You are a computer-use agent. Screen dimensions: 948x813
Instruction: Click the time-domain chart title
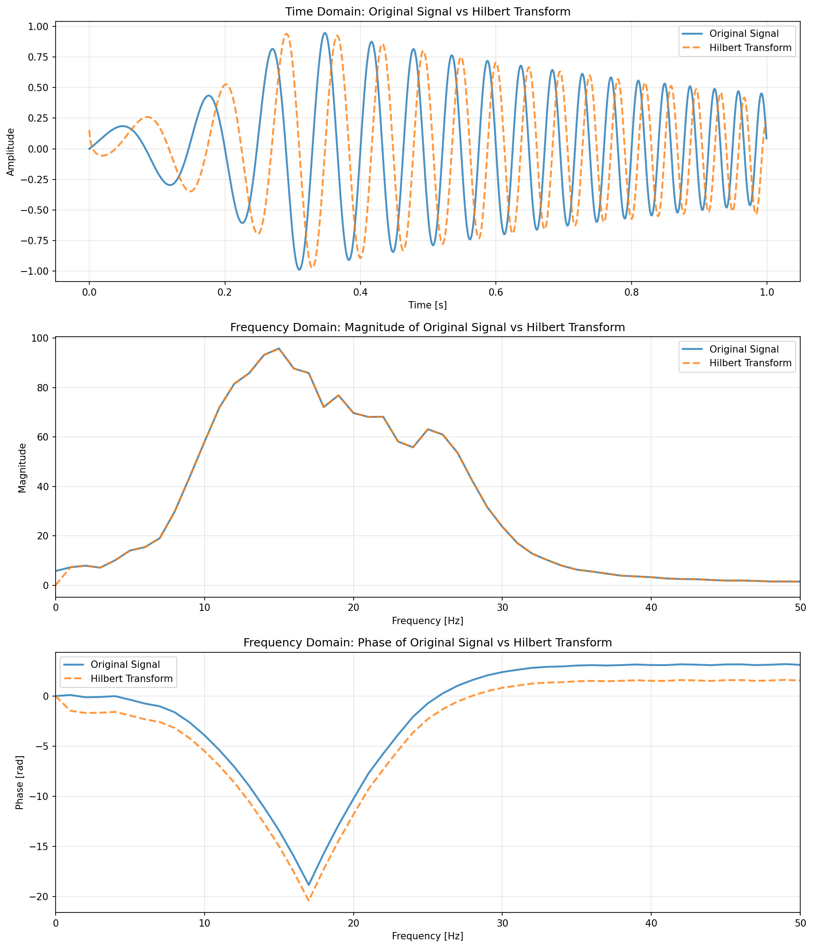(x=427, y=12)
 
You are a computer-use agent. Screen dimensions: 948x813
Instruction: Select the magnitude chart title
(x=427, y=328)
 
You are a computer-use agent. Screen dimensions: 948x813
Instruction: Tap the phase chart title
(x=427, y=643)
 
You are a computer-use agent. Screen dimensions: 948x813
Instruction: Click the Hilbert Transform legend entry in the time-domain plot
(x=750, y=47)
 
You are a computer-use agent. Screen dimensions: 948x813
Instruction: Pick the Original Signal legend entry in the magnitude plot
(x=744, y=349)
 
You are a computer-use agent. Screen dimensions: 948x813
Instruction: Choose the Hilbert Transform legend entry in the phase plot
(x=131, y=678)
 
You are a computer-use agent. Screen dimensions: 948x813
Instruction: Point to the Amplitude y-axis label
(x=11, y=151)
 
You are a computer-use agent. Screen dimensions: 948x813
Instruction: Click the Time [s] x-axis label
(x=427, y=305)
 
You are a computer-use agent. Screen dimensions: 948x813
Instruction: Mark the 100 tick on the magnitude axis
(x=43, y=338)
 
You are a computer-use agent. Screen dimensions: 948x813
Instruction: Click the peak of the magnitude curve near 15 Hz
(x=279, y=348)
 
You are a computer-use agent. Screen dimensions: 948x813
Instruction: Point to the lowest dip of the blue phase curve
(x=309, y=885)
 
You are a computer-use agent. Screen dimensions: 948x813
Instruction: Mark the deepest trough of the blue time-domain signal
(x=299, y=270)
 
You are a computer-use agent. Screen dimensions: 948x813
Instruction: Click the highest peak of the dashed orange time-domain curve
(x=287, y=34)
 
